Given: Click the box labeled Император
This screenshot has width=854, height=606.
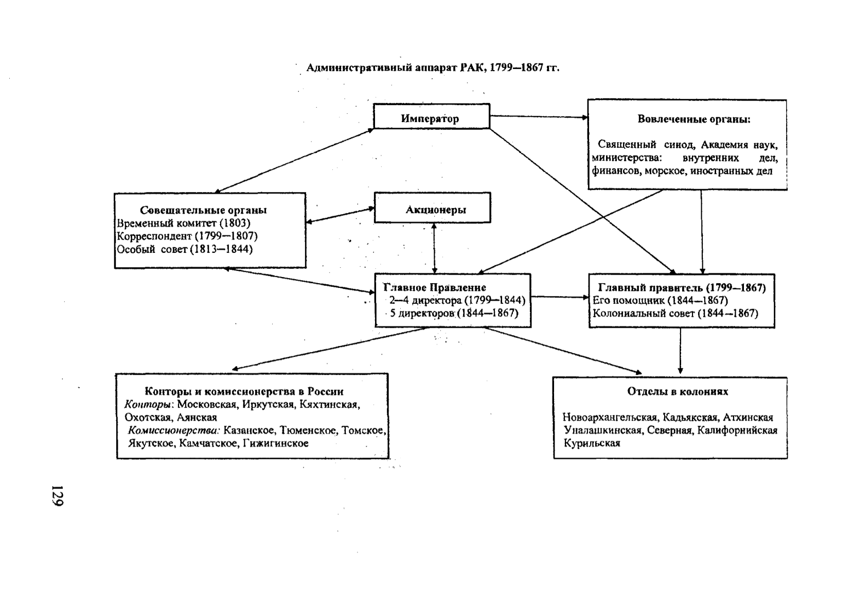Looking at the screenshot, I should (431, 117).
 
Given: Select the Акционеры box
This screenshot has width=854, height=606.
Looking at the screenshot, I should (432, 209).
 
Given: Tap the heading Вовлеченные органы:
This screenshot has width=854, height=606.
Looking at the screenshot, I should (693, 119).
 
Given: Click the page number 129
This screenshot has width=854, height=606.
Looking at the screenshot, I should (57, 495).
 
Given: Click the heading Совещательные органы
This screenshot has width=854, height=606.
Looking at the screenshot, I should (203, 210).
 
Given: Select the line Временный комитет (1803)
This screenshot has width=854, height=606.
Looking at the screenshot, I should (184, 223).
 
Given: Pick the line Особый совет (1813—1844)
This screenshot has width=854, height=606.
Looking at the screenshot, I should (185, 249).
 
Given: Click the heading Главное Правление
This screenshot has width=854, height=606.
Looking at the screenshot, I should (434, 287).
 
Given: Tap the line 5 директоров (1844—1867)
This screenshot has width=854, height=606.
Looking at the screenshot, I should (454, 313).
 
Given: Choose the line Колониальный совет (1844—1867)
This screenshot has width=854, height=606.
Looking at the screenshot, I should (675, 313).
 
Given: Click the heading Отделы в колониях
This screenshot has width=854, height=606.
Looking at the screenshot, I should (678, 391).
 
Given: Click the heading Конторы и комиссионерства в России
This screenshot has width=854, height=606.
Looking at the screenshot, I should (244, 391).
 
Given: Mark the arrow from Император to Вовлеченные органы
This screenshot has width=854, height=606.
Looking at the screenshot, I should (538, 117).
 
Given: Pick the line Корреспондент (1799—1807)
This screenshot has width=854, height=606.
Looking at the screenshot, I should (187, 236).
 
